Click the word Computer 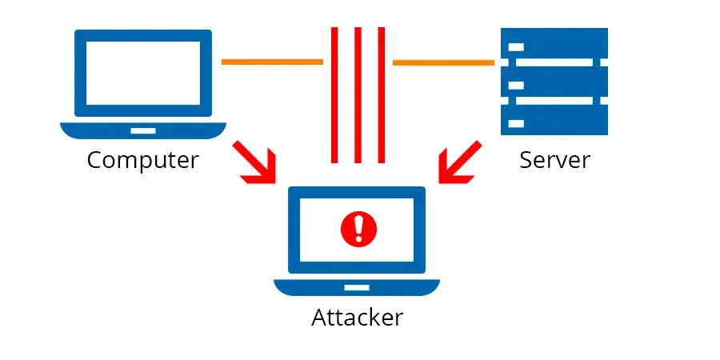tap(142, 160)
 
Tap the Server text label tap(554, 160)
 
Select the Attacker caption tap(357, 318)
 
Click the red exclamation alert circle tap(358, 229)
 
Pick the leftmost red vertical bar tap(334, 94)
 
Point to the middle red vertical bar tap(358, 94)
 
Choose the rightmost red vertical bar tap(382, 94)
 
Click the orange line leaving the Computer tap(272, 62)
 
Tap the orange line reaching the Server tap(443, 62)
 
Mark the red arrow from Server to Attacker tap(460, 162)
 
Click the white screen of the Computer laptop tap(143, 73)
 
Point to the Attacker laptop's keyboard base tap(357, 287)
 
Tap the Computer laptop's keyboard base tap(143, 130)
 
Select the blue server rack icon tap(554, 81)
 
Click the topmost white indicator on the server tap(516, 46)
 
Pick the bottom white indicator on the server tap(516, 124)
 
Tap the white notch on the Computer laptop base tap(143, 129)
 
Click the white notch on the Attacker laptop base tap(357, 286)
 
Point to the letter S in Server tap(526, 160)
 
